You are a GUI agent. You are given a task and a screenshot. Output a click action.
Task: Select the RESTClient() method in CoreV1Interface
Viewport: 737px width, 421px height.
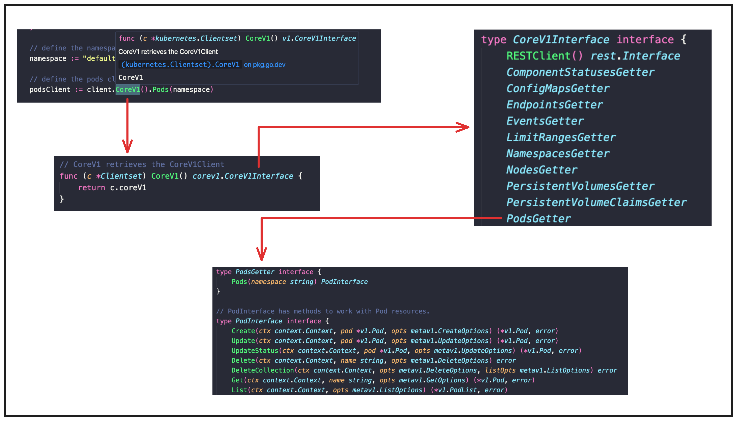tap(544, 56)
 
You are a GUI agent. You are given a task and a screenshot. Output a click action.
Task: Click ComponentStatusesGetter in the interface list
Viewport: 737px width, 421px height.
tap(580, 72)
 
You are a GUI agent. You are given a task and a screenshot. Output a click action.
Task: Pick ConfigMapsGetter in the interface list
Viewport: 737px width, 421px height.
tap(558, 89)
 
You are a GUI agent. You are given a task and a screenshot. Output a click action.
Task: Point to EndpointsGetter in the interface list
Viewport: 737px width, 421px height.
tap(554, 105)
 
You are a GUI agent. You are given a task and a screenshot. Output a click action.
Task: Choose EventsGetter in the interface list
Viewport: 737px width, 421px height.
tap(545, 121)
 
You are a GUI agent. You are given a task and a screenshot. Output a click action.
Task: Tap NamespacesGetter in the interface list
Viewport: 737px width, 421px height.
tap(558, 154)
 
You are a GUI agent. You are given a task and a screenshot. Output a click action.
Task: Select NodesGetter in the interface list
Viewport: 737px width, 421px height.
tap(542, 170)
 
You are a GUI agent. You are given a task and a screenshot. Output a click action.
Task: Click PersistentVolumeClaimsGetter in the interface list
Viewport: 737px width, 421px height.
tap(596, 202)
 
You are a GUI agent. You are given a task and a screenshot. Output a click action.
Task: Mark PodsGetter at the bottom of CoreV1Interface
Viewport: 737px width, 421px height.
tap(538, 219)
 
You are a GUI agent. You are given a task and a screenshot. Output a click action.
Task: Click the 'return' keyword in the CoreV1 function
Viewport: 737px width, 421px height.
tap(91, 188)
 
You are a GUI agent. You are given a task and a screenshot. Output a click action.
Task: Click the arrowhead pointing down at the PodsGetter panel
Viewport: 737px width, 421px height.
tap(262, 254)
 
